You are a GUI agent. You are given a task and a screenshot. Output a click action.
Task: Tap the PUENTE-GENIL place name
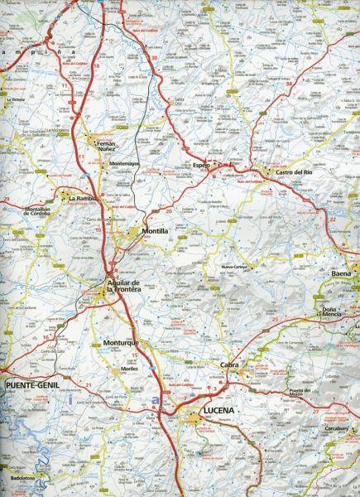(31, 386)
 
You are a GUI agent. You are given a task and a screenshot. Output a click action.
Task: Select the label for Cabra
(230, 364)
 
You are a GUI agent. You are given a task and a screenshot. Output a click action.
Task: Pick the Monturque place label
(125, 343)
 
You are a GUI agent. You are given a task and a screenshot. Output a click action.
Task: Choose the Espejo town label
(202, 166)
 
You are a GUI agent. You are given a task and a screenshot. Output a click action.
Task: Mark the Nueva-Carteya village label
(238, 268)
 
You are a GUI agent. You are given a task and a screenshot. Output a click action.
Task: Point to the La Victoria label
(17, 99)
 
